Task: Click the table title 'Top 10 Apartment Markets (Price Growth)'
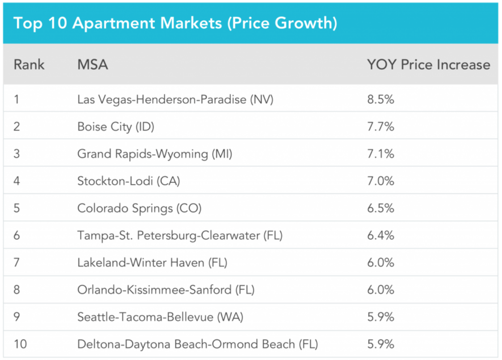(175, 23)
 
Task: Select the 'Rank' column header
(29, 65)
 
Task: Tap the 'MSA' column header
(93, 65)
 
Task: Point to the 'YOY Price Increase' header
(428, 65)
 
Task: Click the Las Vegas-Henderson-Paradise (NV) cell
(175, 99)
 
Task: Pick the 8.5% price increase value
(381, 99)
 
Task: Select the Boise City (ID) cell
(115, 127)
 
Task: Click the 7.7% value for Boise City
(381, 127)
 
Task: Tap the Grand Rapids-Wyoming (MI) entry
(155, 154)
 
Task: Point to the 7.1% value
(381, 154)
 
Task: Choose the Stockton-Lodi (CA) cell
(129, 181)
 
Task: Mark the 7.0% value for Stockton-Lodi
(381, 181)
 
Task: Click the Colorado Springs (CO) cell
(140, 208)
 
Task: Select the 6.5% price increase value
(381, 208)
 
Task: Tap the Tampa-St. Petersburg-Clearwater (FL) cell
(180, 235)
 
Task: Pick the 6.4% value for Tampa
(381, 235)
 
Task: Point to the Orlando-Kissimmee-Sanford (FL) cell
(166, 290)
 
